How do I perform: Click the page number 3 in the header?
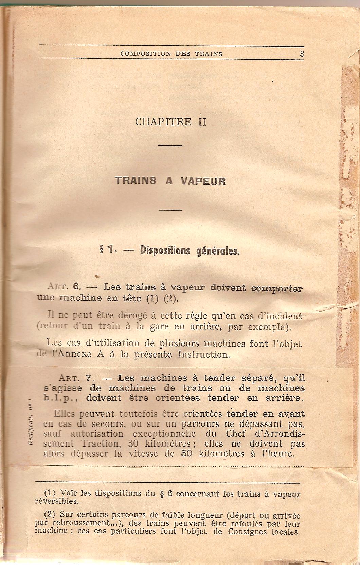302,54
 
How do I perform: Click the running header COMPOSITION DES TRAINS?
172,54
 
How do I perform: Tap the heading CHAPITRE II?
171,121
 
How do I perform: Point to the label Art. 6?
64,287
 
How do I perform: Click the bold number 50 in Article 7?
187,453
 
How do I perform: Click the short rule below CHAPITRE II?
170,145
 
